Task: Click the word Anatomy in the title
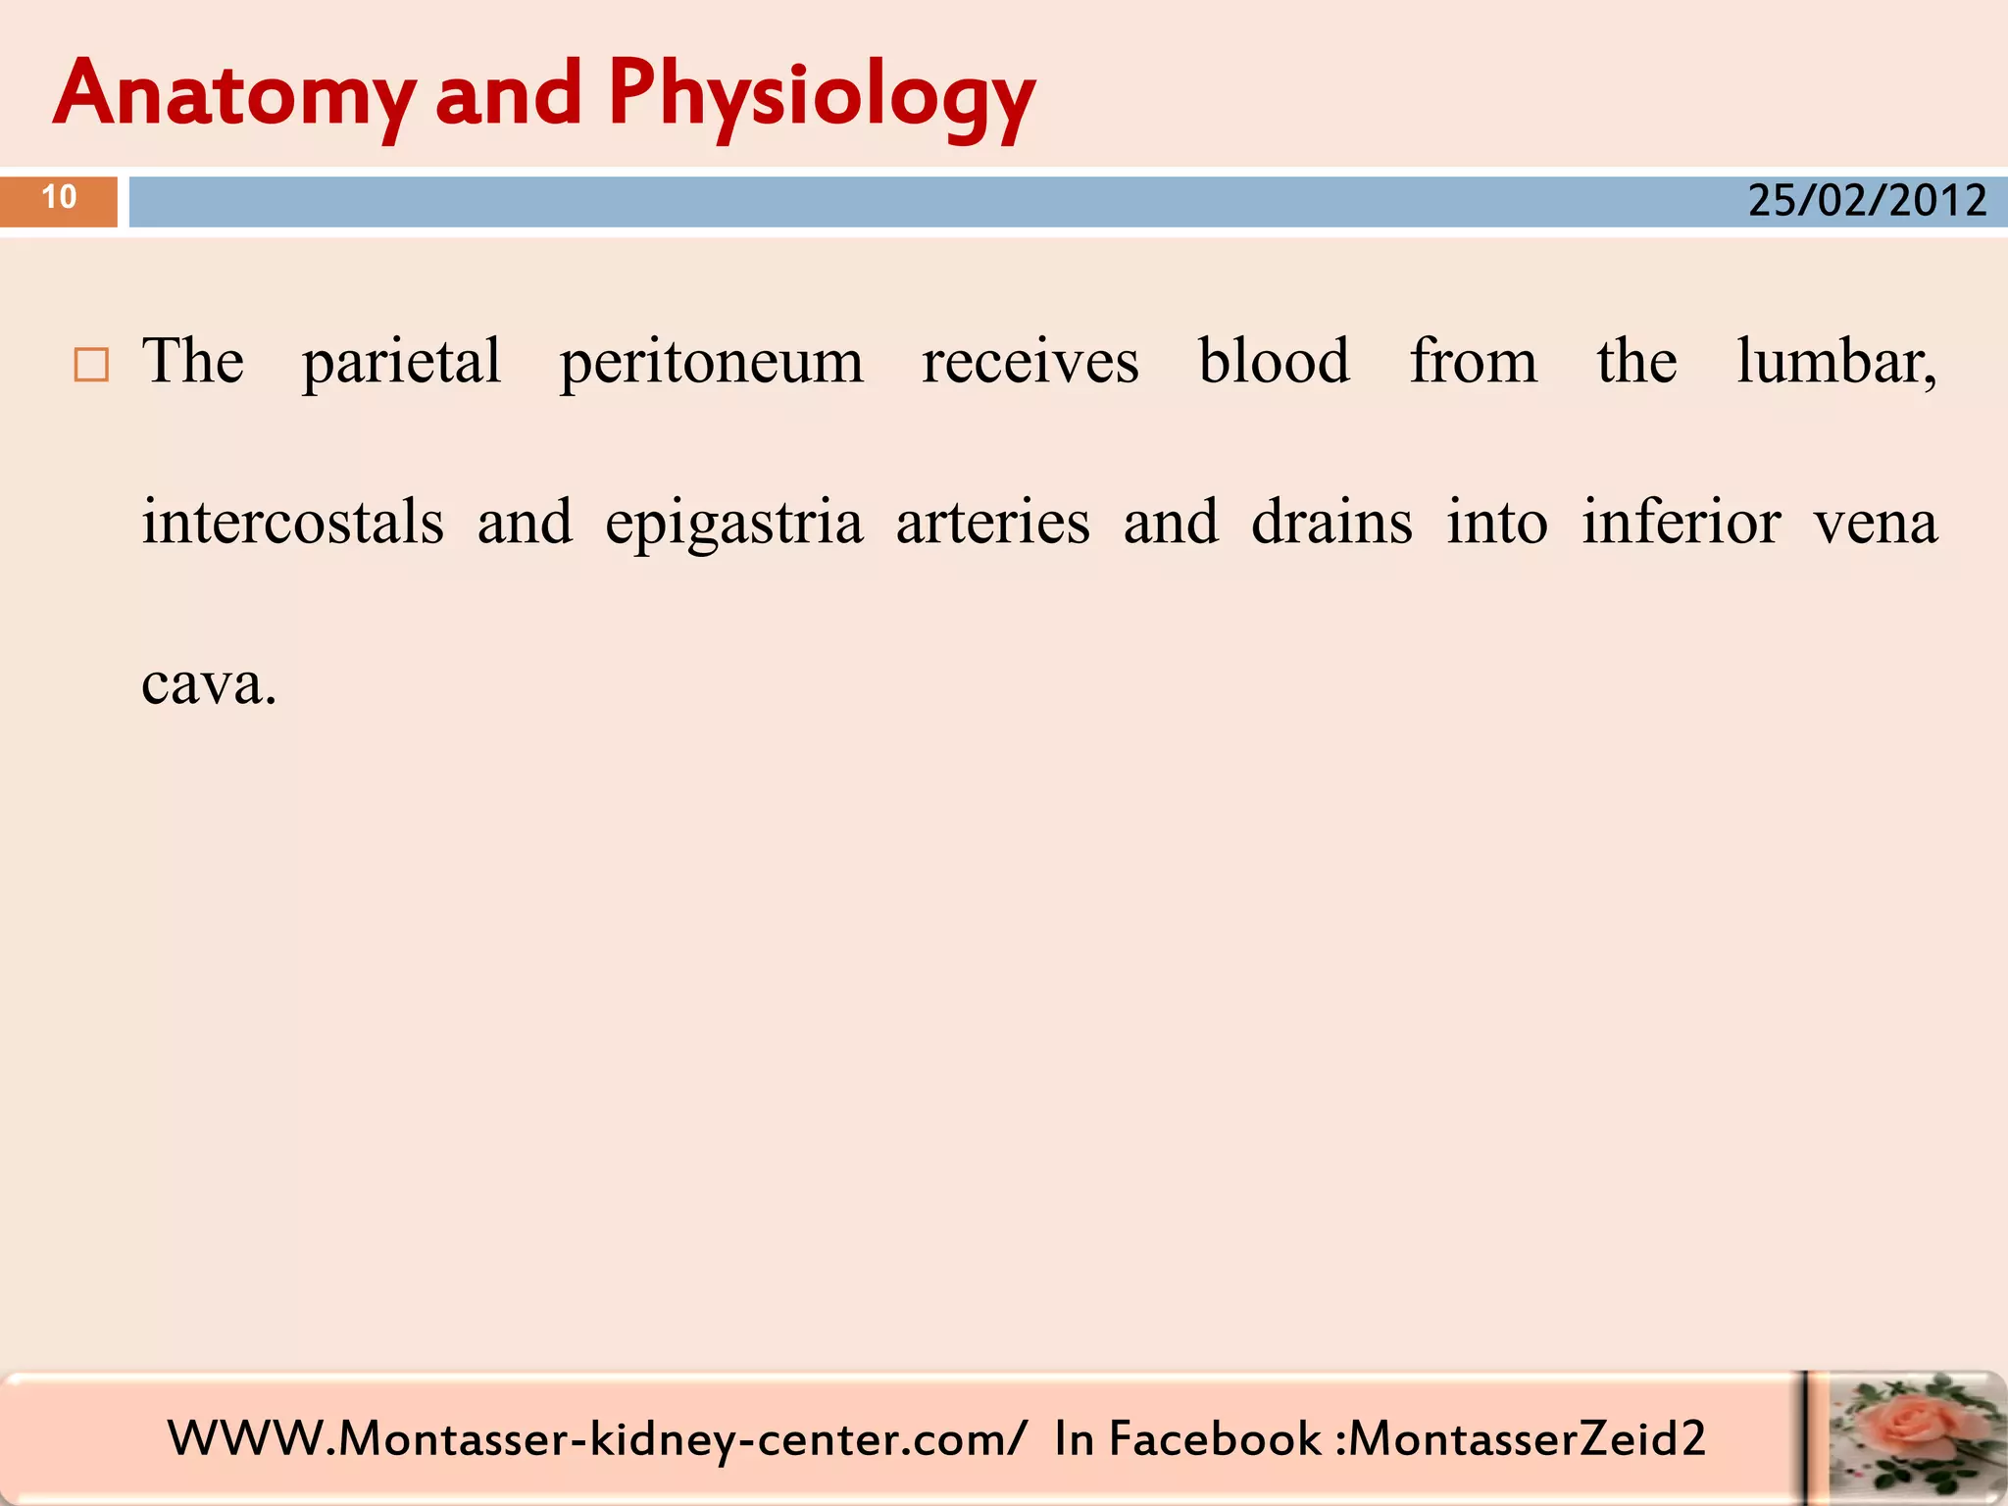[x=233, y=94]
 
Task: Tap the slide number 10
[x=59, y=198]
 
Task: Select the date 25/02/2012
[x=1867, y=201]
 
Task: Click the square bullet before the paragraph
[x=91, y=365]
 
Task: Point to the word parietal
[x=401, y=362]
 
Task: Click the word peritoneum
[x=711, y=362]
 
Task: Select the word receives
[x=1029, y=362]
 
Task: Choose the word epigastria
[x=733, y=524]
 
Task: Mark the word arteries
[x=992, y=522]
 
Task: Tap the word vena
[x=1875, y=524]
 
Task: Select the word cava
[x=208, y=683]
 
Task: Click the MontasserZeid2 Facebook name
[x=1527, y=1439]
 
